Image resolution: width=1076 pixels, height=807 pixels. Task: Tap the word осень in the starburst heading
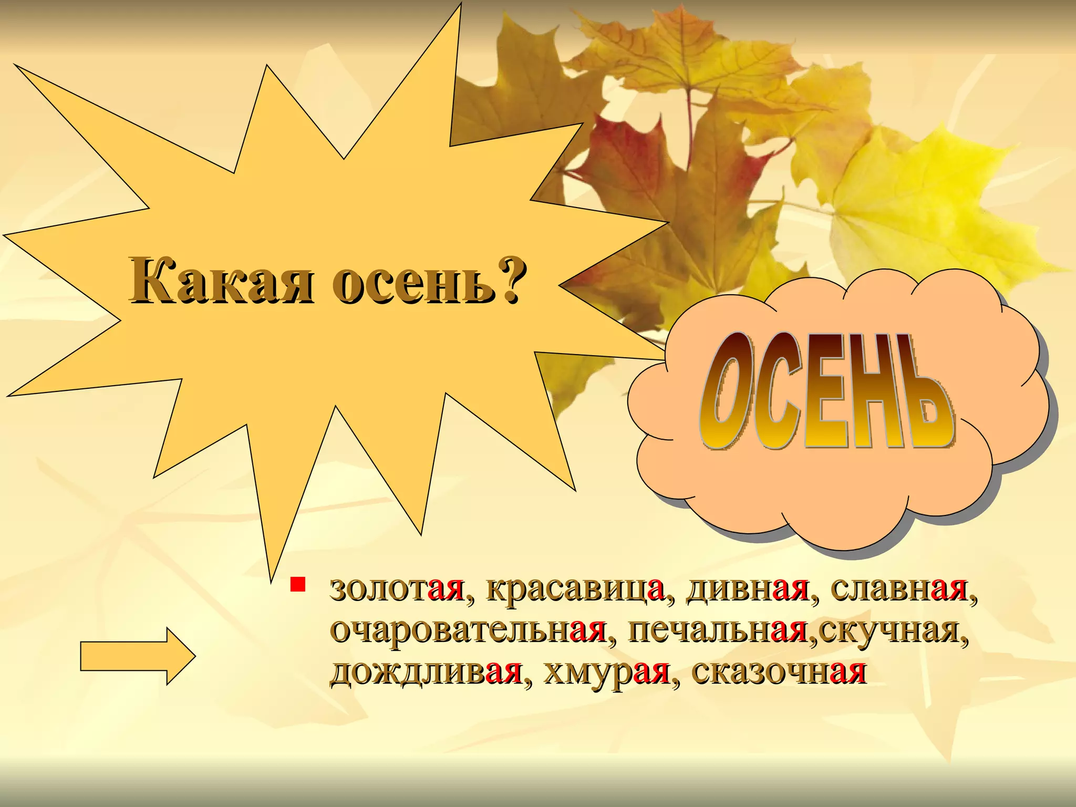click(413, 282)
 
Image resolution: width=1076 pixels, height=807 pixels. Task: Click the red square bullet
click(298, 584)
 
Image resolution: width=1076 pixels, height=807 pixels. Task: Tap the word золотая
click(397, 589)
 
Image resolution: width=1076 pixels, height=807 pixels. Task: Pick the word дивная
click(748, 589)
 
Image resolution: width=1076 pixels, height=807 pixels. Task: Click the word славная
click(898, 589)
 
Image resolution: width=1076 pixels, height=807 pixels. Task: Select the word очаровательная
click(468, 630)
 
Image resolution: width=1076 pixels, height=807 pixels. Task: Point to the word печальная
click(718, 630)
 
